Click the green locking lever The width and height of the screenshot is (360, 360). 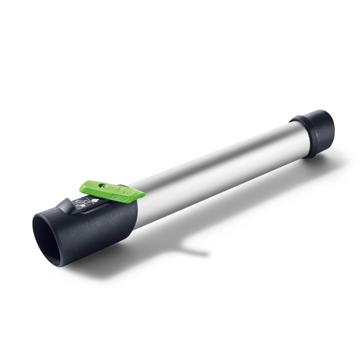point(112,190)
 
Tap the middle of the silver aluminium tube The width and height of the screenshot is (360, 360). point(211,166)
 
